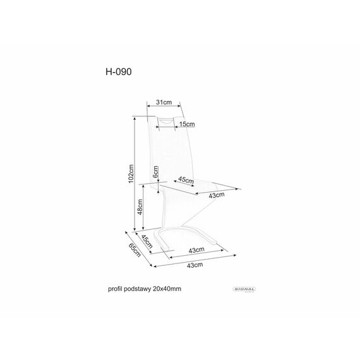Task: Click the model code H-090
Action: click(119, 71)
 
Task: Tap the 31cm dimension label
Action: click(164, 102)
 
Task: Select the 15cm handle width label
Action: click(187, 124)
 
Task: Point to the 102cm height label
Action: click(131, 174)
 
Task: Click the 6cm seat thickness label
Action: click(155, 172)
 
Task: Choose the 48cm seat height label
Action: click(140, 207)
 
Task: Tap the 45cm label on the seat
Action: click(186, 180)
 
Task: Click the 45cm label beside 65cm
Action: click(147, 242)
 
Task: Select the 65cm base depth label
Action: click(135, 250)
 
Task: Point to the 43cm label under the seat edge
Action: click(217, 195)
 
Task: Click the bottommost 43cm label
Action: click(195, 265)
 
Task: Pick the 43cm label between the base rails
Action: click(196, 250)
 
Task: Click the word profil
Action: click(115, 289)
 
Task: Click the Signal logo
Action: click(244, 289)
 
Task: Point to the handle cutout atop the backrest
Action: click(166, 121)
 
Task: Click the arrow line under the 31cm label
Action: click(164, 106)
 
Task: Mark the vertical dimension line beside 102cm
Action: click(135, 173)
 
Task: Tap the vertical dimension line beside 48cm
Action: click(143, 207)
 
